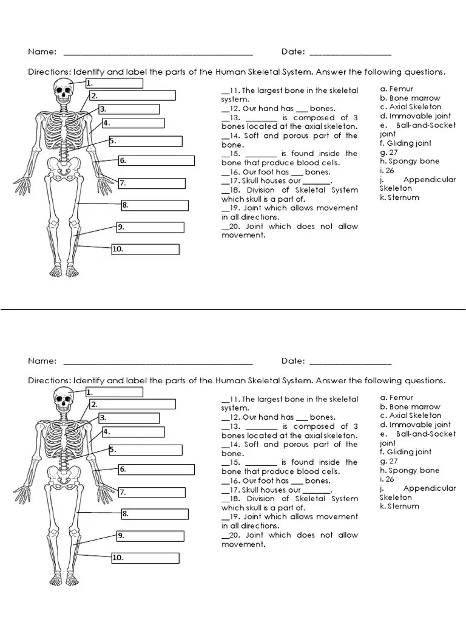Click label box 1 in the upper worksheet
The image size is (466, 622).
114,83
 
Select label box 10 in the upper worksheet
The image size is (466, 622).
145,249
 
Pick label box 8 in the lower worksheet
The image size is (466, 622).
155,514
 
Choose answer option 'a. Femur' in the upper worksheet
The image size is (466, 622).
397,89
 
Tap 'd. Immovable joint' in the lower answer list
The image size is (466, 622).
415,425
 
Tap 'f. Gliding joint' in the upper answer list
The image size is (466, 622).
406,143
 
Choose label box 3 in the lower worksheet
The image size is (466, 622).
129,418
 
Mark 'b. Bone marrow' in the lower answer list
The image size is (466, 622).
410,407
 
